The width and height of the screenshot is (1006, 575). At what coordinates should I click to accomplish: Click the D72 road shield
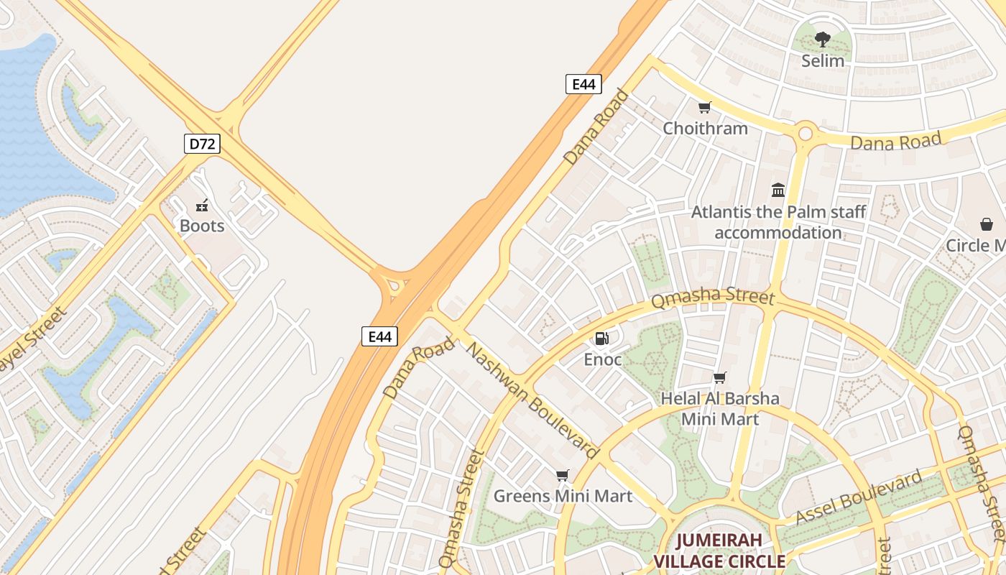[x=202, y=144]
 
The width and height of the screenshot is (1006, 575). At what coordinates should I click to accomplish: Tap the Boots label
[x=202, y=226]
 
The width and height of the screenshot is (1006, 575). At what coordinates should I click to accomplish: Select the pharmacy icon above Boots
[x=202, y=206]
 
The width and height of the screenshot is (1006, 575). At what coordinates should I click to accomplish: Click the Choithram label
[x=705, y=129]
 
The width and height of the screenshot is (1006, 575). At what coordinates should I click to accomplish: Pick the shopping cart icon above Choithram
[x=705, y=108]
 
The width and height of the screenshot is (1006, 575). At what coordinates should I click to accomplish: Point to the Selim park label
[x=823, y=60]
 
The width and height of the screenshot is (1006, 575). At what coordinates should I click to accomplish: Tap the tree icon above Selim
[x=823, y=40]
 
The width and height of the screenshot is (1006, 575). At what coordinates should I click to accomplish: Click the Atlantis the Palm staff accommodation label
[x=778, y=222]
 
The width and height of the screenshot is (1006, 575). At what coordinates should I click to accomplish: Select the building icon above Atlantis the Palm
[x=778, y=190]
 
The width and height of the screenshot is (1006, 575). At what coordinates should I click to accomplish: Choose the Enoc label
[x=602, y=359]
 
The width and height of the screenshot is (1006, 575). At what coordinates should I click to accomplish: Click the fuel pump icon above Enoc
[x=602, y=338]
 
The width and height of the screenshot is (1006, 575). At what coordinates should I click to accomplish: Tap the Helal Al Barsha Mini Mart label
[x=719, y=408]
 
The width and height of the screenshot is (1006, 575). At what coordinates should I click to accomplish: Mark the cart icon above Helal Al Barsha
[x=719, y=378]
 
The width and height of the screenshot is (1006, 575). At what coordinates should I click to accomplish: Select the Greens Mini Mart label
[x=563, y=496]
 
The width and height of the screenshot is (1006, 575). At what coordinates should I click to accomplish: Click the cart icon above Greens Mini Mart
[x=563, y=475]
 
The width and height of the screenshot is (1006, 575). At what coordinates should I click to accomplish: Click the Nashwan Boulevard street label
[x=532, y=401]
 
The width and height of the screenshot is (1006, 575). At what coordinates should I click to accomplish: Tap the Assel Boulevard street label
[x=859, y=497]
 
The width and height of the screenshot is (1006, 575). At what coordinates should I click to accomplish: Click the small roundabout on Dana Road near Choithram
[x=805, y=133]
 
